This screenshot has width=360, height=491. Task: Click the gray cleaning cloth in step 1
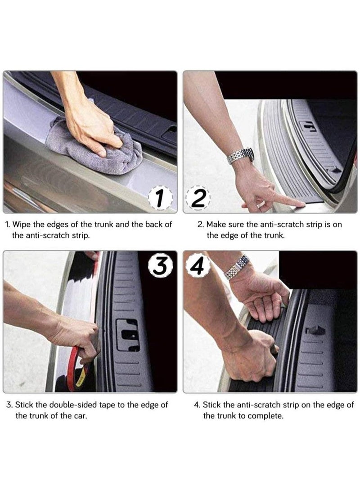pyautogui.click(x=94, y=147)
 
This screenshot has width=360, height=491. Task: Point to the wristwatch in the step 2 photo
pyautogui.click(x=240, y=155)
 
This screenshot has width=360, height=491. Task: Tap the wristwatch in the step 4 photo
pyautogui.click(x=237, y=267)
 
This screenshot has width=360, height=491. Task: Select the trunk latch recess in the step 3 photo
pyautogui.click(x=128, y=335)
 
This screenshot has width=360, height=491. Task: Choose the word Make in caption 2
pyautogui.click(x=216, y=224)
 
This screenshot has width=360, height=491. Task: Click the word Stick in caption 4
pyautogui.click(x=211, y=405)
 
